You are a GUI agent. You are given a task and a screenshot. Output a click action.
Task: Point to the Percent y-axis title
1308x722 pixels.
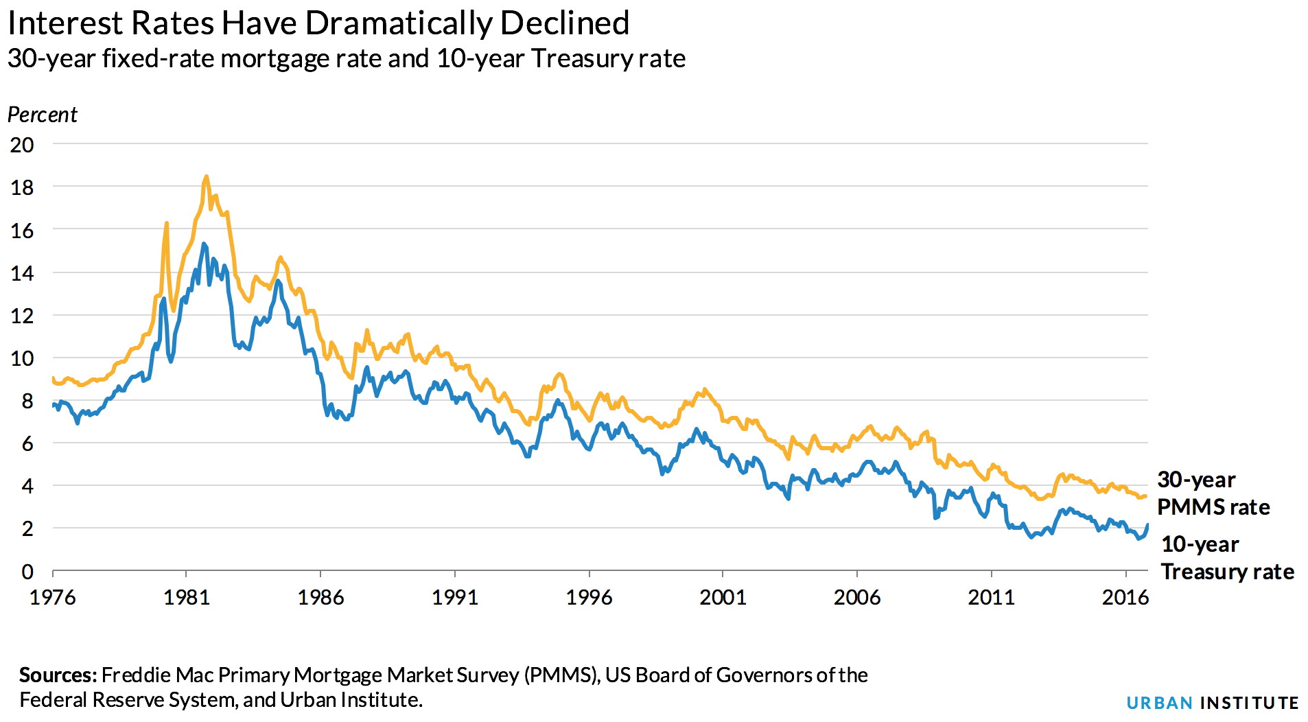click(x=42, y=115)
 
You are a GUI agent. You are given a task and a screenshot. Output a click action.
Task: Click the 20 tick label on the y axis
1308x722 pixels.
click(x=22, y=145)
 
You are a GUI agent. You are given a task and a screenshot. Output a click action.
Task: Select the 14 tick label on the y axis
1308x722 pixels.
click(x=22, y=273)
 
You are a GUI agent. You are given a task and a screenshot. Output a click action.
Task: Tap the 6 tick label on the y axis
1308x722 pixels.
click(x=27, y=443)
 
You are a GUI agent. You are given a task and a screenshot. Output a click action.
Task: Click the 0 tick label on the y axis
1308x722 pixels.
click(x=27, y=571)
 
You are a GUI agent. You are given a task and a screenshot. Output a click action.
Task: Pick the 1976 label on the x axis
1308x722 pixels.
click(x=52, y=598)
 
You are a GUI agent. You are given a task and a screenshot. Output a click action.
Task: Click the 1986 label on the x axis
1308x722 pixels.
click(x=320, y=598)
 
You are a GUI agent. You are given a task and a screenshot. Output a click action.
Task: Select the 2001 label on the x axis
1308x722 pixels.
click(x=723, y=598)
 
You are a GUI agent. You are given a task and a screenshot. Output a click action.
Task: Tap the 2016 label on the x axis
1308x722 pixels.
click(x=1125, y=598)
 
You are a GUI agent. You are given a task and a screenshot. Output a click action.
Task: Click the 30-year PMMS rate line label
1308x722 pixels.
click(x=1213, y=493)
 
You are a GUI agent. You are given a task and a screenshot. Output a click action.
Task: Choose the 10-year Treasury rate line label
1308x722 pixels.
click(x=1226, y=558)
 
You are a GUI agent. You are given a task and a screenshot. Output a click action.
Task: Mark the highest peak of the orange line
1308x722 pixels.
click(x=206, y=177)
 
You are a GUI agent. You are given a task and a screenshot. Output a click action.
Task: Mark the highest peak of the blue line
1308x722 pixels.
click(x=204, y=244)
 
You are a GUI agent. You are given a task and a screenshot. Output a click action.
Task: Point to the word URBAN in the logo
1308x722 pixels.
click(x=1159, y=703)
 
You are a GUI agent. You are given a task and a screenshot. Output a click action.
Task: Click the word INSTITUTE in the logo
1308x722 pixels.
click(x=1249, y=703)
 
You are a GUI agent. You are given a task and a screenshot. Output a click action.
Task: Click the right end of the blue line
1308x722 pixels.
click(x=1147, y=525)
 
